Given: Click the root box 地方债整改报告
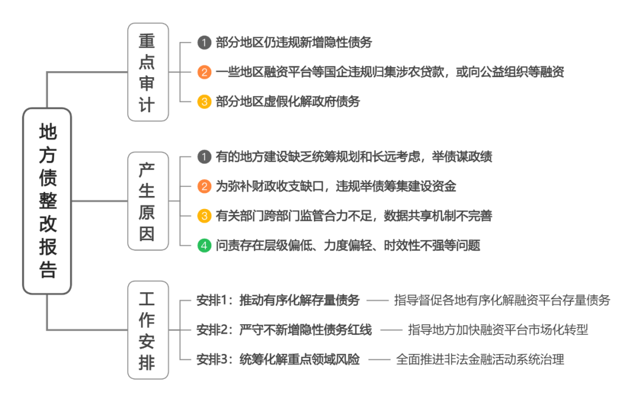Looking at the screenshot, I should (47, 201).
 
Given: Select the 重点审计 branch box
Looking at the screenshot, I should (147, 72).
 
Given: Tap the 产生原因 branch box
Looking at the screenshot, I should (147, 201).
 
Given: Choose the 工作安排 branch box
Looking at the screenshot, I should (147, 330).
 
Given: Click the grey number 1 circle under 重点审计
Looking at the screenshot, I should (204, 43).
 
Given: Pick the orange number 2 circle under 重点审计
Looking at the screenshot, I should (204, 72).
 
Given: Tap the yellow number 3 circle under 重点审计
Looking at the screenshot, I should (204, 102).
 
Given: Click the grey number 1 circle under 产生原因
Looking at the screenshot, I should (204, 157).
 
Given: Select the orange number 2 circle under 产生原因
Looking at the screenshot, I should (204, 186).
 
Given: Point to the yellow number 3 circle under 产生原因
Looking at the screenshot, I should (204, 216).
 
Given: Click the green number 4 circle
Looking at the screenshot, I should (204, 245).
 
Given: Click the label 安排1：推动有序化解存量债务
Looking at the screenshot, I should (278, 300).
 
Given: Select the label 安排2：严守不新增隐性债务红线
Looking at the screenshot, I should (284, 330).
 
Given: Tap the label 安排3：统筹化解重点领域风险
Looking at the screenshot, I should (278, 359).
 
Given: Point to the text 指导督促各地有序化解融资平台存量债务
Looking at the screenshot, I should (502, 300).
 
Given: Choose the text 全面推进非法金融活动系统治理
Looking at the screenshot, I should (480, 359).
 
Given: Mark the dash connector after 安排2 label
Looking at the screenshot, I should (389, 330).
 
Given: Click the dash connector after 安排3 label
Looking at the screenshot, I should (377, 359).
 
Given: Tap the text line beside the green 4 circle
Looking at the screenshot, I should (348, 245).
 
